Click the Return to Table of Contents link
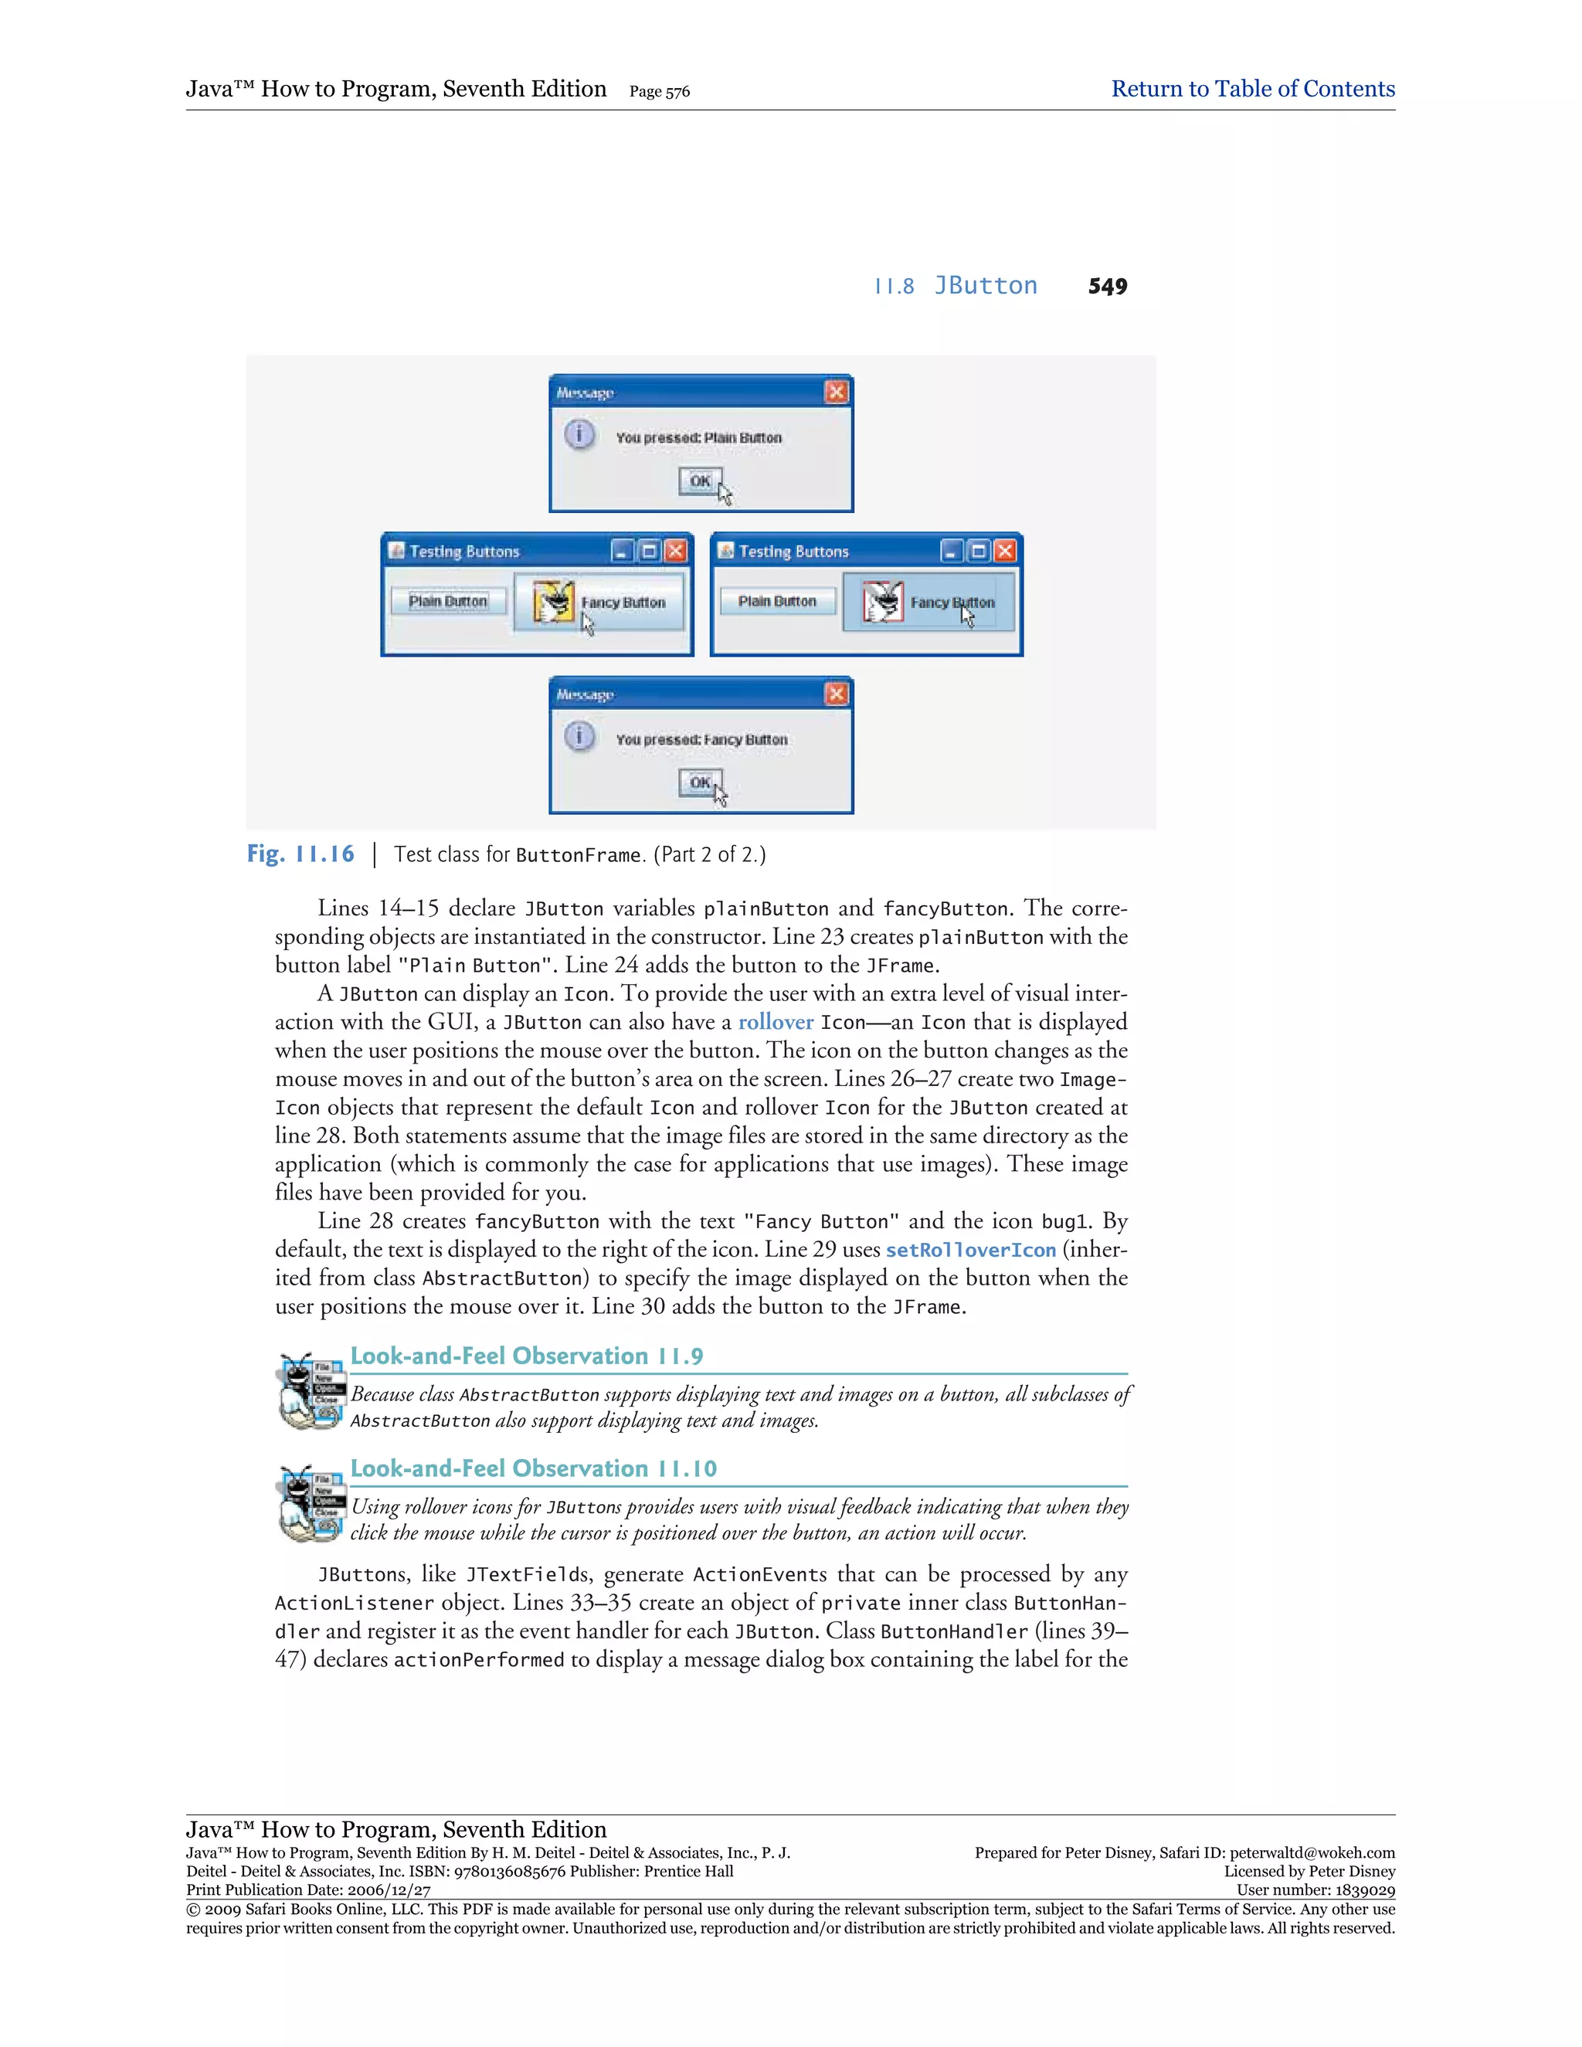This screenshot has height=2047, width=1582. coord(1252,89)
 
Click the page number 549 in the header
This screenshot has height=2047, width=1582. coord(1107,287)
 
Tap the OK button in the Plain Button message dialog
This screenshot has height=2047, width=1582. coord(699,480)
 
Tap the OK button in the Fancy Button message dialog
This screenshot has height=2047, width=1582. coord(699,782)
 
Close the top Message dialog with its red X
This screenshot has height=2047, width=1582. coord(836,392)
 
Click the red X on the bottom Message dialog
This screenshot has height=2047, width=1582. coord(836,694)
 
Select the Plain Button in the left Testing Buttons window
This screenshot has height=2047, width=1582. coord(448,601)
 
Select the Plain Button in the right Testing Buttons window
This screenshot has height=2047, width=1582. coord(777,601)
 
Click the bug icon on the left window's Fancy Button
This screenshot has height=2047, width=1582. coord(553,602)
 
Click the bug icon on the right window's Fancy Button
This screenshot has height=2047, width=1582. coord(882,602)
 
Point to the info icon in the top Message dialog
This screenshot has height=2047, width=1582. coord(579,435)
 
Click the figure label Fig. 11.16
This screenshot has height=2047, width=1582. coord(300,854)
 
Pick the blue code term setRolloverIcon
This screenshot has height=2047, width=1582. coord(970,1249)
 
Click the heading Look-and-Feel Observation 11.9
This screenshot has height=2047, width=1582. coord(527,1356)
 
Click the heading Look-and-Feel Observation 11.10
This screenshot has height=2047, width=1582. coord(533,1468)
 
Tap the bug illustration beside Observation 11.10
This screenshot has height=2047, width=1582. coord(309,1504)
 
